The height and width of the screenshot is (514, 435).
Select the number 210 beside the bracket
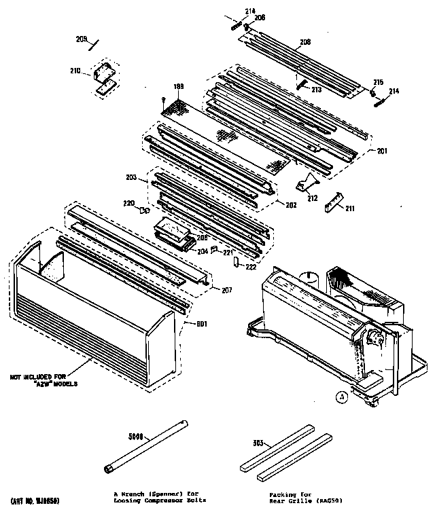coord(75,71)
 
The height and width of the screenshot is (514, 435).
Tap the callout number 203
coord(130,177)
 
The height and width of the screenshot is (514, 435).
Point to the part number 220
coord(128,202)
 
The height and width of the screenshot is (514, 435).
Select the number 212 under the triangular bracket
coord(312,198)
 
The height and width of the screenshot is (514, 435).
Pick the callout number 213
coord(315,89)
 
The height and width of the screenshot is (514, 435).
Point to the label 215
coord(378,83)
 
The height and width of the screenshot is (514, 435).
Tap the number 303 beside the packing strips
coord(256,442)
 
